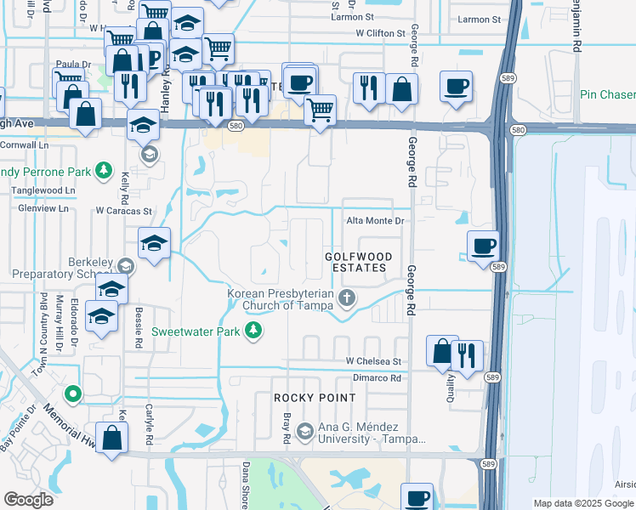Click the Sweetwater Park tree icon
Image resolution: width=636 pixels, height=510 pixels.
(253, 330)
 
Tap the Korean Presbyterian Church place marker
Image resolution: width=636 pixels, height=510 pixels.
(346, 297)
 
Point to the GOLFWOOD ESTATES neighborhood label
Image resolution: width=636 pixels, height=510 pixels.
(357, 262)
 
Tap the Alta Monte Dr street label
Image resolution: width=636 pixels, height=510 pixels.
(374, 221)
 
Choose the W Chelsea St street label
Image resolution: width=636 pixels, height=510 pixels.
(372, 361)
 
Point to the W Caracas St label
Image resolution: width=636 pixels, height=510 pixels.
(123, 211)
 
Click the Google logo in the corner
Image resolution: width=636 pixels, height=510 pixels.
(28, 499)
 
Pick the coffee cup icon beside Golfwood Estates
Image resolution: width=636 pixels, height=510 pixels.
(483, 246)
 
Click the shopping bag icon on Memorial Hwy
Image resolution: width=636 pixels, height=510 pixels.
(111, 439)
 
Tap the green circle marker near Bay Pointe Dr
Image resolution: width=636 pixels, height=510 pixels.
(74, 394)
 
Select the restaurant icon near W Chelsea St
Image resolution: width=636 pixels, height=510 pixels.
(468, 355)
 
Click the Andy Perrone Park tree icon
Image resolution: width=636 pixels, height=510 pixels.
(103, 171)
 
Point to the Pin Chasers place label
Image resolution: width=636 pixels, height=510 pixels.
(607, 94)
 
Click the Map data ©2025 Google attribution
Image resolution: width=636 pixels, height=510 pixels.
(583, 503)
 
